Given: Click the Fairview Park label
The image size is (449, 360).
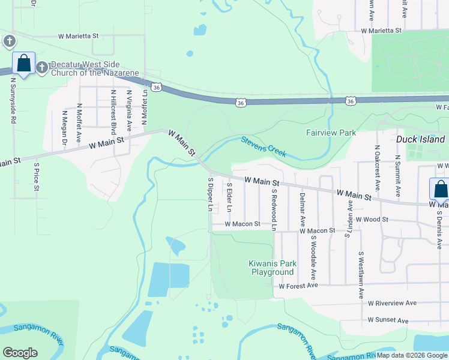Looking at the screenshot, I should [x=331, y=133].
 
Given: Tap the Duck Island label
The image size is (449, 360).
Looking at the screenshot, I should [x=421, y=139].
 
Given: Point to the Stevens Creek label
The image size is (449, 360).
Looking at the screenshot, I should [x=264, y=146].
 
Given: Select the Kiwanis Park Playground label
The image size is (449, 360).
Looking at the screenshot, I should [x=271, y=268].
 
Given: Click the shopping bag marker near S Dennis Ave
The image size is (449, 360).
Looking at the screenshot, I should [x=441, y=189].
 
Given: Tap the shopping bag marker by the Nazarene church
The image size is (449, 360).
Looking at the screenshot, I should [x=24, y=64].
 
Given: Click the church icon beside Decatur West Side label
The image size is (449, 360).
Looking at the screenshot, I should [x=42, y=67].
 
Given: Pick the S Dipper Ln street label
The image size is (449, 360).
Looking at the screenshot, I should [x=210, y=194].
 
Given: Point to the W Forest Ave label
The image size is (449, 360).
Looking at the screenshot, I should [x=298, y=286].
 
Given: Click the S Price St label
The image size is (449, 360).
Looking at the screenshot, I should [x=37, y=176].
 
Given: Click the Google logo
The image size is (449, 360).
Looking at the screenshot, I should [x=20, y=352].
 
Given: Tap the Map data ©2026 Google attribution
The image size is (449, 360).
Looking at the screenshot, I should [x=412, y=355].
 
